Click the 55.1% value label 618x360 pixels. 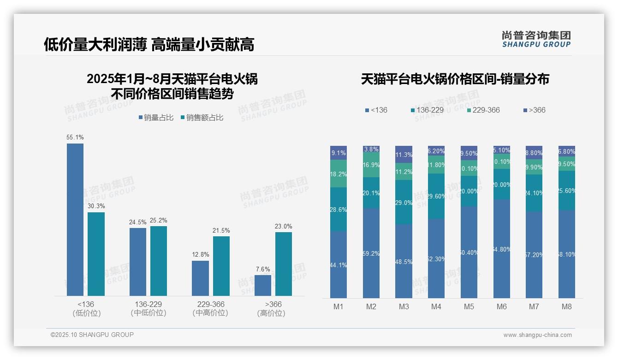[75, 138]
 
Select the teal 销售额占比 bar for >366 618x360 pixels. [283, 264]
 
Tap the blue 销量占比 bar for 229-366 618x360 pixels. [200, 278]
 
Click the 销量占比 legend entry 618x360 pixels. [156, 118]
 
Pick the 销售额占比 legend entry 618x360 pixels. [202, 118]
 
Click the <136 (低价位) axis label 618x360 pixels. [86, 308]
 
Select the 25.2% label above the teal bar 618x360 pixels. [159, 221]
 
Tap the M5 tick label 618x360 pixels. [469, 306]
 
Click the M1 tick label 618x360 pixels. [339, 306]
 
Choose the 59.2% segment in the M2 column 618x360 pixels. [371, 253]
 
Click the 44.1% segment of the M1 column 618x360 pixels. [339, 264]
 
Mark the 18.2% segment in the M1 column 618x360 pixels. [339, 174]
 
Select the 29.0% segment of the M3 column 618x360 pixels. [404, 202]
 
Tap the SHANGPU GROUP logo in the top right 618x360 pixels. [536, 39]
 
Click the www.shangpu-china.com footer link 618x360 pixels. [537, 335]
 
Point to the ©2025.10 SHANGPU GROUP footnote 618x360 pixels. [92, 335]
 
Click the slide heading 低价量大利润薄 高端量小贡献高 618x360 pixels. [149, 44]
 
